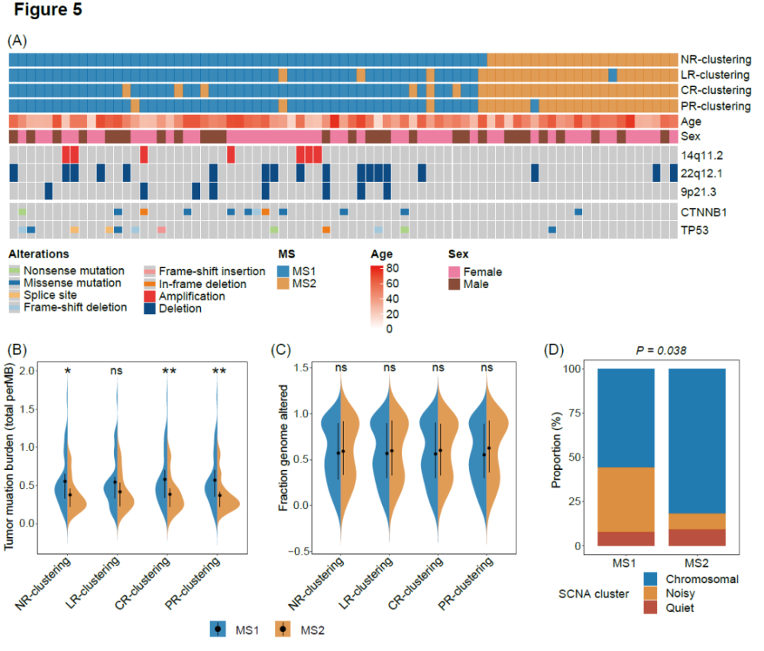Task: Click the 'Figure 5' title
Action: (47, 10)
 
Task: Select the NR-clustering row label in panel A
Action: (716, 60)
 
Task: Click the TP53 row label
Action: (694, 230)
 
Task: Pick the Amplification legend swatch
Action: (150, 296)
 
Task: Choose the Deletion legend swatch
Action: (150, 309)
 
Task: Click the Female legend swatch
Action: (454, 272)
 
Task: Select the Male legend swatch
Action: (454, 284)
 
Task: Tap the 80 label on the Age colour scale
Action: (392, 268)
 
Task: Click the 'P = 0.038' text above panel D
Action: (661, 351)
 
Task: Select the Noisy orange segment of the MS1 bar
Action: (626, 500)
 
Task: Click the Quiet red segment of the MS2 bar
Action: (697, 537)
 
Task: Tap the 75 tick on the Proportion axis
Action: (575, 413)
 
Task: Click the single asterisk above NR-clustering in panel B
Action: (68, 371)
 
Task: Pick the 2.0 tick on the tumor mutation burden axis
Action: (28, 371)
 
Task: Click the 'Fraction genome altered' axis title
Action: (283, 448)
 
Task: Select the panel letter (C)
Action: (280, 350)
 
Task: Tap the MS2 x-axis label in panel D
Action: (697, 563)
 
